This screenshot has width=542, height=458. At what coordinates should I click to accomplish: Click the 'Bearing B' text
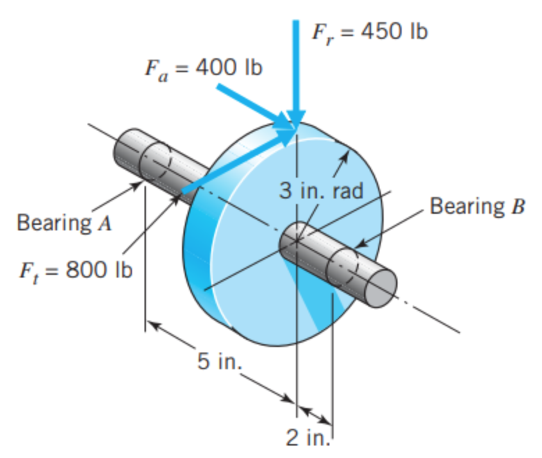click(x=475, y=207)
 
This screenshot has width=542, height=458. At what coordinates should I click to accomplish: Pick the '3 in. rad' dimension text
click(x=321, y=192)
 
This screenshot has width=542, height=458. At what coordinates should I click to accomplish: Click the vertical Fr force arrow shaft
click(x=297, y=62)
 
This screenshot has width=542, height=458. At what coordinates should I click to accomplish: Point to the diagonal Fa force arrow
click(x=250, y=104)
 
